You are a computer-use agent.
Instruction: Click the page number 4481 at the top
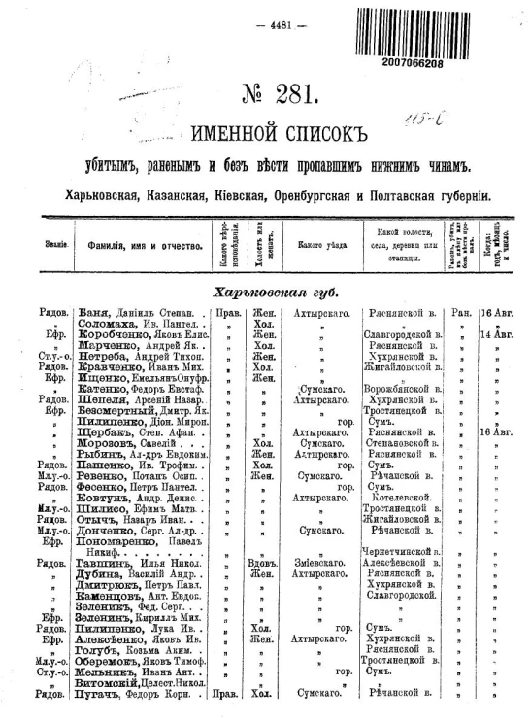click(265, 24)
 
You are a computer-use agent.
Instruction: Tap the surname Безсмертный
click(111, 411)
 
